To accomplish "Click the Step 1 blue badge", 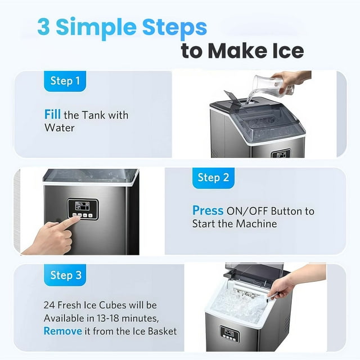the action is tap(65, 81).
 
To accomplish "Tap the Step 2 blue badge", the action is tap(213, 178).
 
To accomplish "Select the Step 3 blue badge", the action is tap(65, 275).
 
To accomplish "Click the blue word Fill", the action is tap(52, 114).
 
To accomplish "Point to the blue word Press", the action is tap(208, 210).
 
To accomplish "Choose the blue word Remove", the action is tap(63, 331).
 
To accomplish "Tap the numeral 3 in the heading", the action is tap(43, 26).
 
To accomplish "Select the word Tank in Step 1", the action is tap(94, 115).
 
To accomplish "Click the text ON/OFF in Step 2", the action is tap(247, 211).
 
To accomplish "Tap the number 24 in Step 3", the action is tap(49, 305).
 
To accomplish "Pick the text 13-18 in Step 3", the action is tap(108, 318).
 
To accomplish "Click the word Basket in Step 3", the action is tap(163, 331).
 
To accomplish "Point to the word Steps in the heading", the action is tap(174, 28).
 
